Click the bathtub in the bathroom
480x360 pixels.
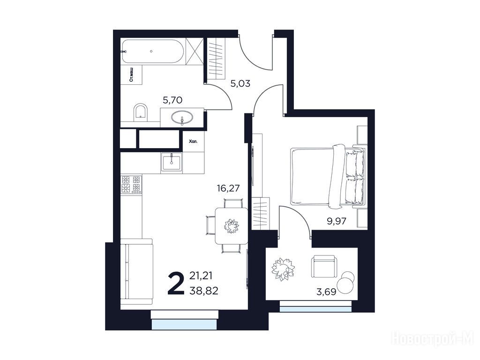[153, 52]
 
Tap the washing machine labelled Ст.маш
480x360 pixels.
[131, 75]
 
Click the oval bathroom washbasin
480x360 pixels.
[182, 117]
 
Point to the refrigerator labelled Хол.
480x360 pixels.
[194, 142]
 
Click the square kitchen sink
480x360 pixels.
[172, 162]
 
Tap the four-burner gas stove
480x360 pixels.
[131, 185]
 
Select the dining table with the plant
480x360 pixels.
[231, 226]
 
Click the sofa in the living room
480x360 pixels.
[136, 271]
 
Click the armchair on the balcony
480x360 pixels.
[324, 267]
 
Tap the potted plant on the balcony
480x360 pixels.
[283, 269]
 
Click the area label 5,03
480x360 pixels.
[240, 83]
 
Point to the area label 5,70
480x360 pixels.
[172, 100]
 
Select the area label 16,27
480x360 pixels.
[228, 188]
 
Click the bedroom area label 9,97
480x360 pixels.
[337, 221]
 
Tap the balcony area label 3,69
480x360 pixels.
[326, 292]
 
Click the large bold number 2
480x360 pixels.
[176, 284]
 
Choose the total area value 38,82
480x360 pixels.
[204, 291]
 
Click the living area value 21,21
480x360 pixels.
[201, 276]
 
